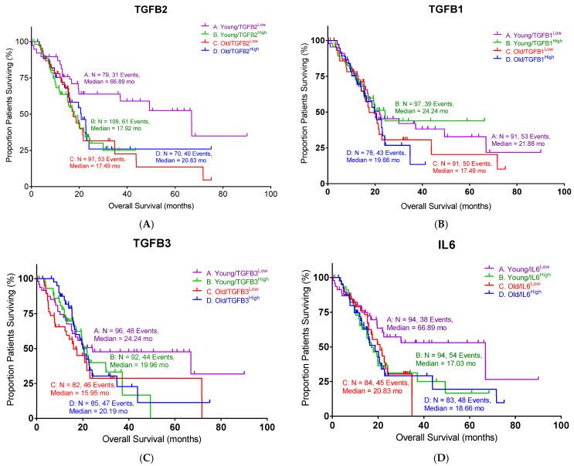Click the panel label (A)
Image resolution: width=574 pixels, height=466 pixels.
click(149, 224)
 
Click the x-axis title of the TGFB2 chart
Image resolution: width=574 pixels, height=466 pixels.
click(150, 204)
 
